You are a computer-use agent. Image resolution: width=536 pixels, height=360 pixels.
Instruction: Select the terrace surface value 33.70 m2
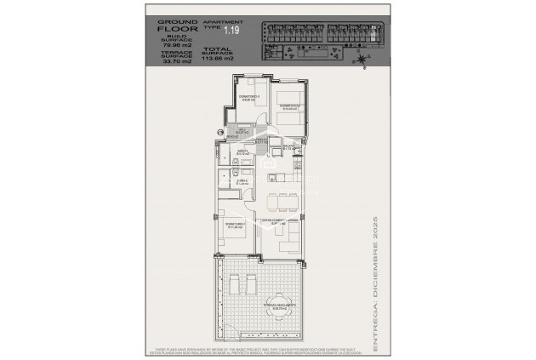181,62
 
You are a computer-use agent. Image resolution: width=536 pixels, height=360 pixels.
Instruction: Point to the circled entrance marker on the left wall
220,132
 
